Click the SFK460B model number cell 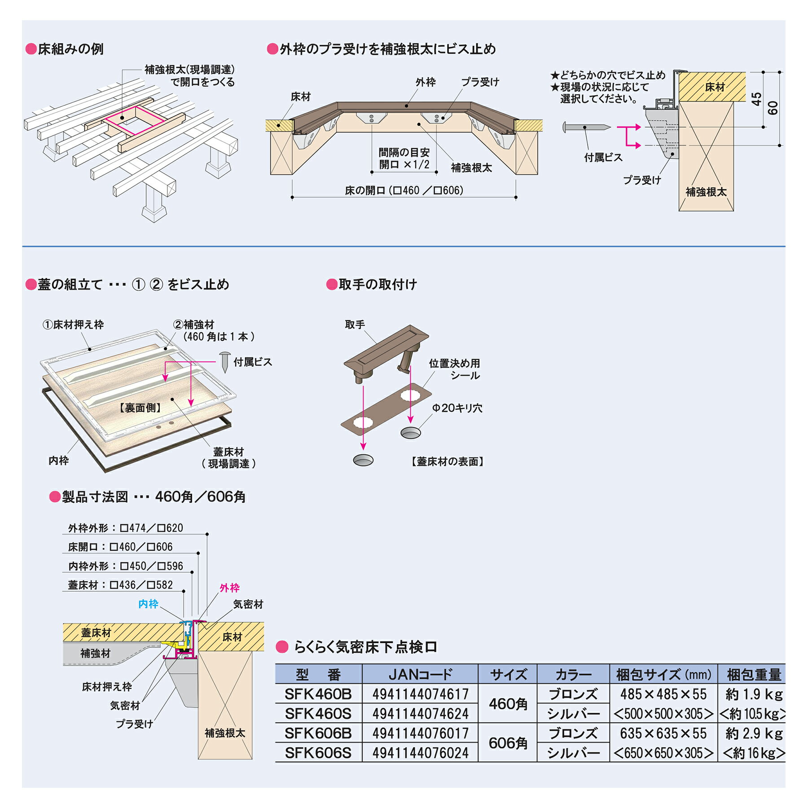pos(318,694)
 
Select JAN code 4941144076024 pos(420,753)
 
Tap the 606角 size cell pos(508,743)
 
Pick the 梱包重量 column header pos(754,675)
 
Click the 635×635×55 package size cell pos(663,733)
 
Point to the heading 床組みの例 pos(70,49)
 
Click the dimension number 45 pos(756,99)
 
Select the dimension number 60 pos(773,108)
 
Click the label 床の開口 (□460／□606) pos(404,190)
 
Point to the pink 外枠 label pos(229,588)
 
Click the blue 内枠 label pos(148,604)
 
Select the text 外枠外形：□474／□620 pos(126,528)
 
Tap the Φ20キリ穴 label pos(457,408)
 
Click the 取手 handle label pos(355,325)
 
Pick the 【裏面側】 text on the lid pos(140,408)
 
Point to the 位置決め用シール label pos(454,369)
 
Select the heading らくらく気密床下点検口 pos(365,647)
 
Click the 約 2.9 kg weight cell pos(754,733)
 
